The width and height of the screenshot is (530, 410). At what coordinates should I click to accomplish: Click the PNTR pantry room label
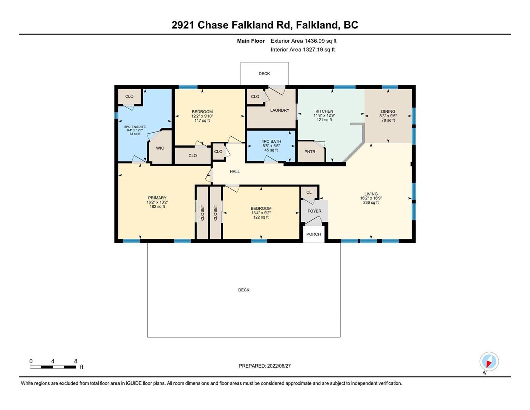(x=310, y=152)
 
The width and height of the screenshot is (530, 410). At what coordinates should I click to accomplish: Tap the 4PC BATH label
(x=271, y=141)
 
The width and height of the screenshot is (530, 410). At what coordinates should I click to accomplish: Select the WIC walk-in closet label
(x=160, y=148)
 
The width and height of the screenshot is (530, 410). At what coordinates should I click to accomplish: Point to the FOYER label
(x=314, y=211)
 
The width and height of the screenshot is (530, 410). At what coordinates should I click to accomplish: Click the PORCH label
(x=314, y=234)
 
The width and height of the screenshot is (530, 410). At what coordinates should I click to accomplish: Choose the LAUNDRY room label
(x=280, y=110)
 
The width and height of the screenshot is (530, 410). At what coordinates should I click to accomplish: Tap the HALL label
(x=235, y=172)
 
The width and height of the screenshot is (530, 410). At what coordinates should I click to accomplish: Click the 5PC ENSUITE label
(x=135, y=127)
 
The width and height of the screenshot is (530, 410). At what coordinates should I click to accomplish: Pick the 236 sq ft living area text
(x=371, y=202)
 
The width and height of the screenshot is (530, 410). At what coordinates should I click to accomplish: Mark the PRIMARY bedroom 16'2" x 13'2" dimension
(x=157, y=202)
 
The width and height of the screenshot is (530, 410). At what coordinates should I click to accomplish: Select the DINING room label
(x=388, y=112)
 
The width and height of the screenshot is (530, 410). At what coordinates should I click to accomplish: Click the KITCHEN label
(x=324, y=111)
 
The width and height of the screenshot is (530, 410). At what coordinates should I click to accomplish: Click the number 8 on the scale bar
(x=76, y=361)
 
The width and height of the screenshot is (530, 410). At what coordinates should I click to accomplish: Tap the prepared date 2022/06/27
(x=279, y=366)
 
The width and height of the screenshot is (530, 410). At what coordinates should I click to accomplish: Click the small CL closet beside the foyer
(x=309, y=192)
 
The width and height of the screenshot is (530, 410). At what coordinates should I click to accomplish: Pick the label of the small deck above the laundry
(x=264, y=73)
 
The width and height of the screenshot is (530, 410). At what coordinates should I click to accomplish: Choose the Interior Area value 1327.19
(x=313, y=50)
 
